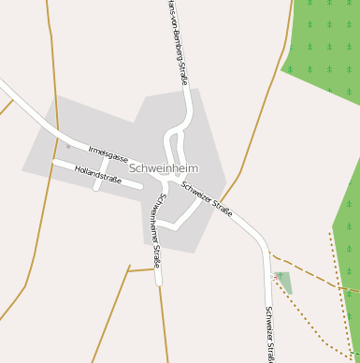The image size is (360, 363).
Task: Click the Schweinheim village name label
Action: (x=164, y=168)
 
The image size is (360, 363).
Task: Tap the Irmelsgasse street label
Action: (x=108, y=153)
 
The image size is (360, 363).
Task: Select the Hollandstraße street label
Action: (x=97, y=175)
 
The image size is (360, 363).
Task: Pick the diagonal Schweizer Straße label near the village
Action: (x=207, y=198)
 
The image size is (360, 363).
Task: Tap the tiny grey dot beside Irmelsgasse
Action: (x=67, y=146)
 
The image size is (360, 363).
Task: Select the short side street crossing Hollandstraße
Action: (x=99, y=174)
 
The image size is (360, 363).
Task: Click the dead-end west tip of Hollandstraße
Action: (x=55, y=163)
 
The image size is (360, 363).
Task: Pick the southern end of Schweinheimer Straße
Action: (x=159, y=281)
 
